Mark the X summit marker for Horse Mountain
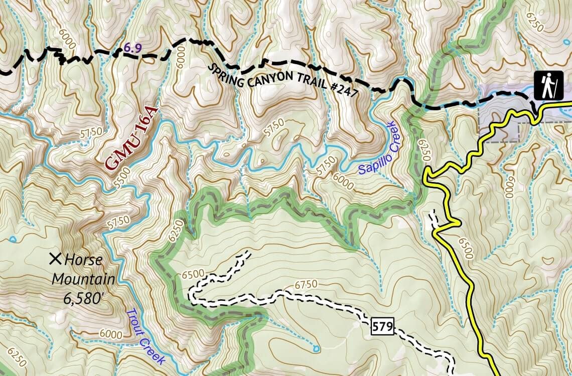56,259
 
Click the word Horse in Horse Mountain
84,260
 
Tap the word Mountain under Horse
83,279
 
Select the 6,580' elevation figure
83,298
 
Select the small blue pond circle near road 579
316,348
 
